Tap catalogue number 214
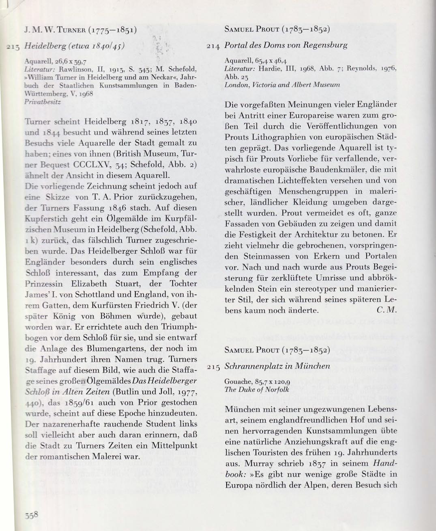213,46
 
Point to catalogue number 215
213,366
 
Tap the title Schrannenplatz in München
277,366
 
